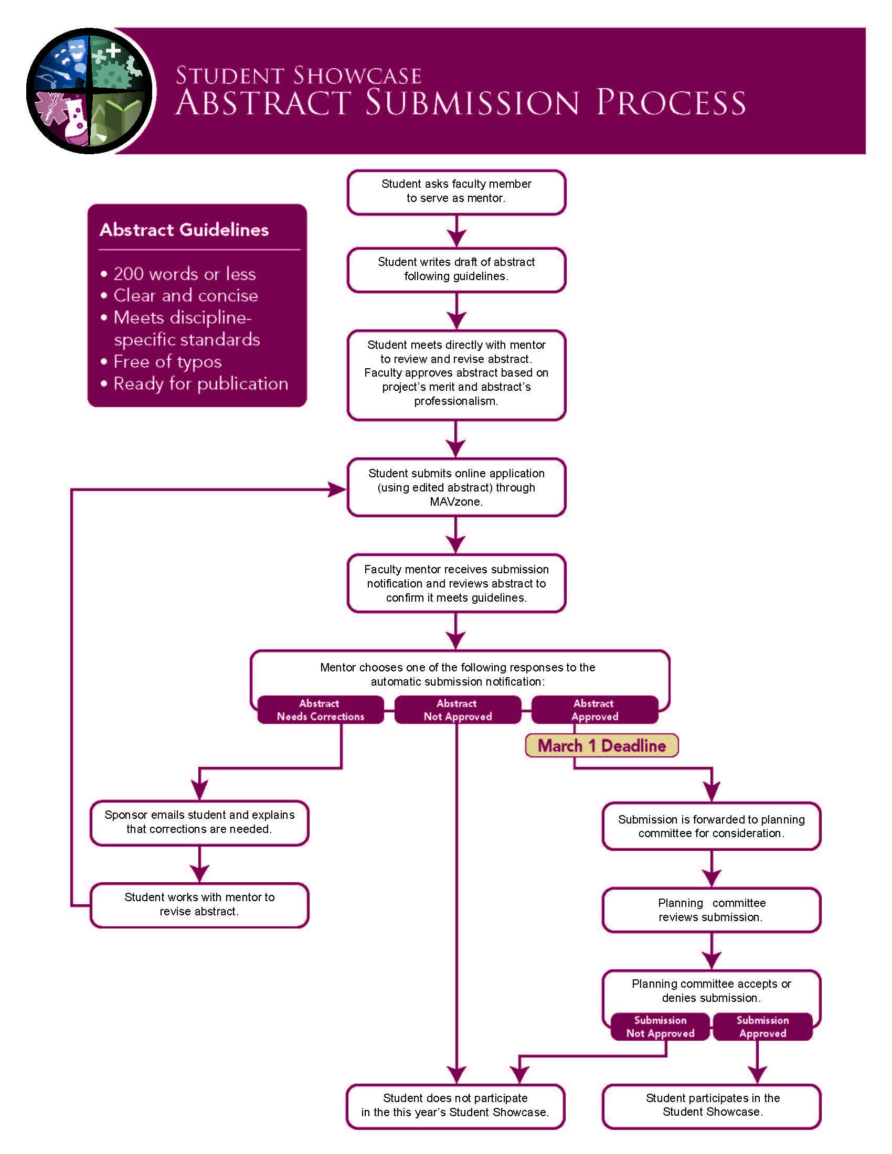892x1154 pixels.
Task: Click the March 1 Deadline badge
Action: click(601, 745)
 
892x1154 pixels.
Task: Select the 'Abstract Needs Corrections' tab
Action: click(320, 710)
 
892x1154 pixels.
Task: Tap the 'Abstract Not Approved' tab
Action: click(457, 710)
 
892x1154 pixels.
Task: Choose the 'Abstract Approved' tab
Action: click(594, 710)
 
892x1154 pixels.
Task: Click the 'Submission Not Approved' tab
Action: click(660, 1027)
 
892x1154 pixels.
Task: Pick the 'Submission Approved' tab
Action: click(762, 1027)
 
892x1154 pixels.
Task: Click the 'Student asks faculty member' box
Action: click(456, 191)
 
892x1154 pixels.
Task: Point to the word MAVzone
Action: click(455, 501)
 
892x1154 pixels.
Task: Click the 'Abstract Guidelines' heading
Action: click(184, 230)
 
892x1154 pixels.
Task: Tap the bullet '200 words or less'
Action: click(184, 274)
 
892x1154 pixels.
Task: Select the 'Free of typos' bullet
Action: click(167, 361)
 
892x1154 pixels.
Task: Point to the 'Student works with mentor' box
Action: click(199, 904)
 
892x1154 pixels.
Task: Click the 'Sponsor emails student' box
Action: click(199, 822)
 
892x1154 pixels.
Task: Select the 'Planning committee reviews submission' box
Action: click(712, 910)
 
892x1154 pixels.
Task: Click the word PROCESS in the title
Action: click(671, 102)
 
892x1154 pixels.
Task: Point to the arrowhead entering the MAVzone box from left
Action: click(337, 489)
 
